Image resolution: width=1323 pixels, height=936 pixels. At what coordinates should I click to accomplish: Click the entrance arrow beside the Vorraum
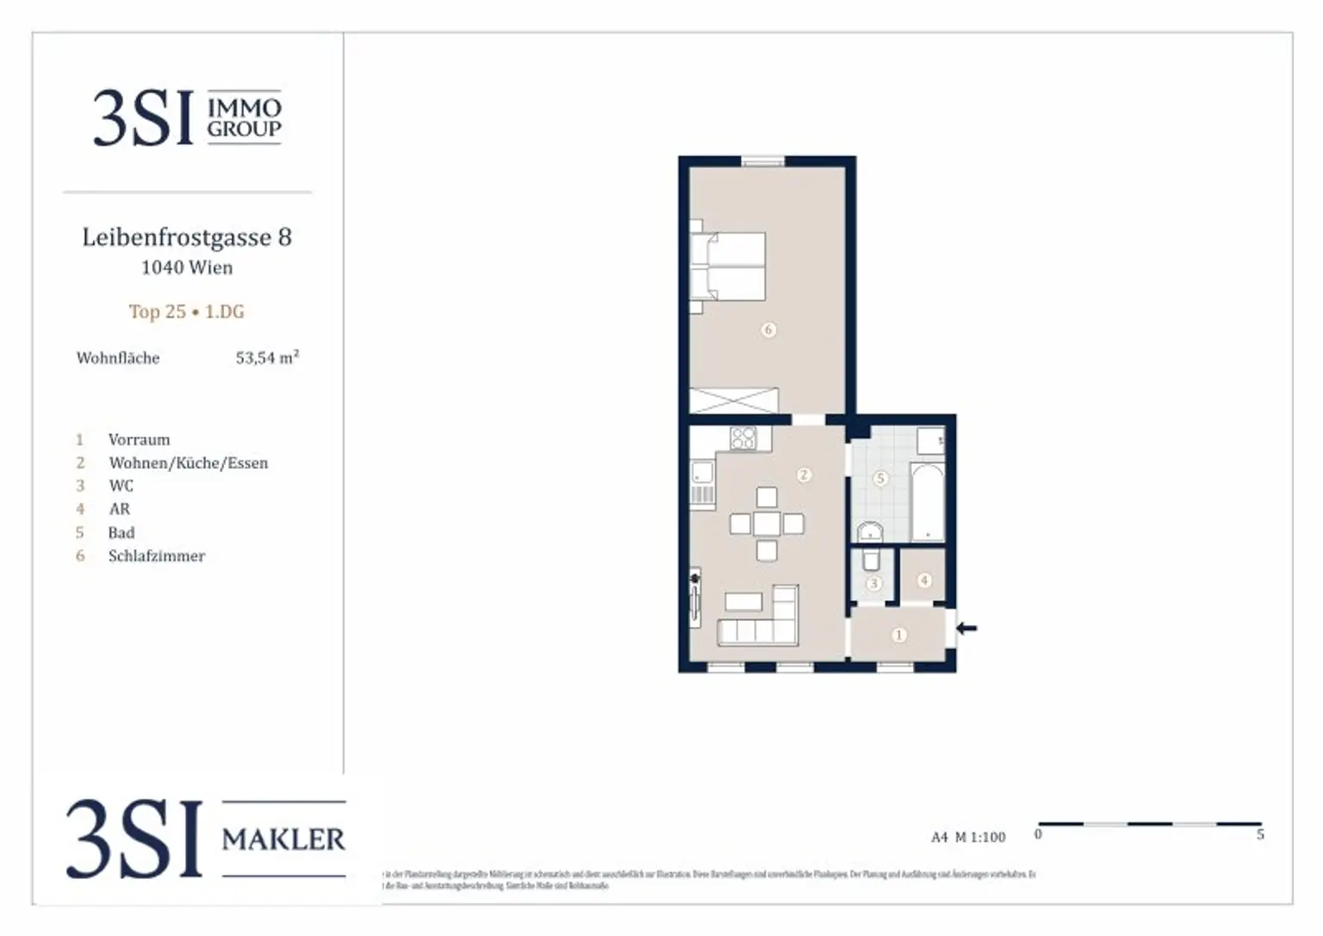[966, 628]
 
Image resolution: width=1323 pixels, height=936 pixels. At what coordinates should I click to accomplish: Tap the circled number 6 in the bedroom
[768, 329]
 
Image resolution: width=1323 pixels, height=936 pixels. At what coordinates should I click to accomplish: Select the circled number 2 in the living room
[804, 474]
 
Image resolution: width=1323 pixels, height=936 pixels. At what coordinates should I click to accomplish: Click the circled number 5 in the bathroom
[879, 478]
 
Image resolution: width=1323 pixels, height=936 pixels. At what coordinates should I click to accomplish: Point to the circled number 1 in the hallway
[898, 635]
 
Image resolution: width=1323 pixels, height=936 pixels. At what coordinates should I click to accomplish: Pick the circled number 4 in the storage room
[924, 580]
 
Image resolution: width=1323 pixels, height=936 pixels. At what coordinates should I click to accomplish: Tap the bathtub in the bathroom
[928, 502]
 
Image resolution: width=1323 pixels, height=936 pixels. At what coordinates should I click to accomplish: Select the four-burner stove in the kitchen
[743, 438]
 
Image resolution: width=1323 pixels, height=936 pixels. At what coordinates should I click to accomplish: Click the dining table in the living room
[767, 524]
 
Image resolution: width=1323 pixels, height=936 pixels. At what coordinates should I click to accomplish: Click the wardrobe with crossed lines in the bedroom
[734, 400]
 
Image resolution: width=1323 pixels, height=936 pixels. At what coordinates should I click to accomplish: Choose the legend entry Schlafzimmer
[157, 555]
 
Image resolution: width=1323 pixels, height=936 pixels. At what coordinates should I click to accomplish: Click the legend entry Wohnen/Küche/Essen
[188, 462]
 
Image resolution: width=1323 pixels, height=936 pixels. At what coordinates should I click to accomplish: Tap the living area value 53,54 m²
[267, 357]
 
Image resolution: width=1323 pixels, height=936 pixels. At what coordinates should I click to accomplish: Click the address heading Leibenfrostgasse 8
[187, 237]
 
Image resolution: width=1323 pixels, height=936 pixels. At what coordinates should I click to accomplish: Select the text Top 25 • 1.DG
[187, 312]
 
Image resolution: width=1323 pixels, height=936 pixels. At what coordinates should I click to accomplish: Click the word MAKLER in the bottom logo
[283, 839]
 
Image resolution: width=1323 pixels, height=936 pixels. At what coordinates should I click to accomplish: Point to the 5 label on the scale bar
[1260, 834]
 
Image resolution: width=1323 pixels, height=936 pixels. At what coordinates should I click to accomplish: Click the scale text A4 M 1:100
[968, 837]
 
